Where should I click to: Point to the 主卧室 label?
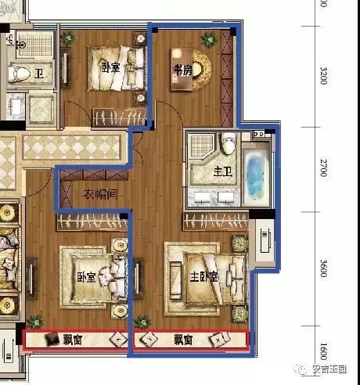(x=204, y=276)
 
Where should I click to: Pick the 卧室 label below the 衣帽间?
(x=86, y=277)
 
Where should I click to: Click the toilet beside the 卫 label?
(x=18, y=74)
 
